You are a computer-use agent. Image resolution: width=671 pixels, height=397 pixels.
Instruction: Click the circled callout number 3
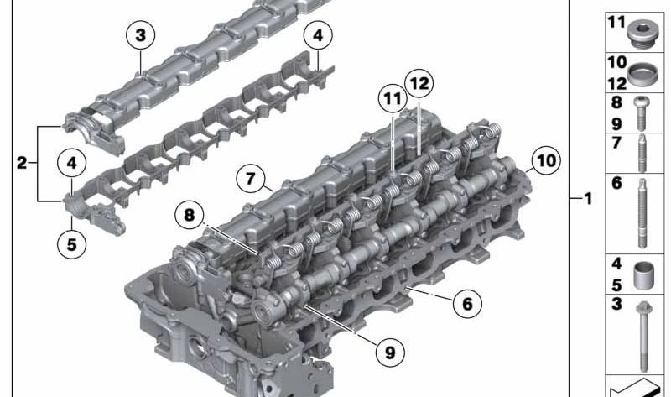[x=141, y=35]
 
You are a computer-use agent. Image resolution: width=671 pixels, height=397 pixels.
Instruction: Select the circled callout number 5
[x=71, y=245]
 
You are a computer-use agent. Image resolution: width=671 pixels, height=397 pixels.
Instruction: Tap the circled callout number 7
[x=250, y=179]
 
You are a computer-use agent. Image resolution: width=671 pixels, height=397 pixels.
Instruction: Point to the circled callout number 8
[x=190, y=216]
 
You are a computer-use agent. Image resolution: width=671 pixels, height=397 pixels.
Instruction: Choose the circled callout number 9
[x=388, y=353]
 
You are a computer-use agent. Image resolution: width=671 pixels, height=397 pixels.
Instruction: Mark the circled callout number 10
[x=546, y=159]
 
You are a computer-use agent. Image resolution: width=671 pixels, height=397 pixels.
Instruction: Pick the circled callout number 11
[x=391, y=99]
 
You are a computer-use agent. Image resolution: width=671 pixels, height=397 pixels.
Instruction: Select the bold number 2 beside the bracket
[x=21, y=162]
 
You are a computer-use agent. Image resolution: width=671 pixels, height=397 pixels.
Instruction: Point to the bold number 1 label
[x=587, y=200]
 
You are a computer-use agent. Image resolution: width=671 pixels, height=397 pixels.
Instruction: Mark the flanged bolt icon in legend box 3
[x=643, y=335]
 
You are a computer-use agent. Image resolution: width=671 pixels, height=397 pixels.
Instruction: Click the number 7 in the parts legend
[x=616, y=144]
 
